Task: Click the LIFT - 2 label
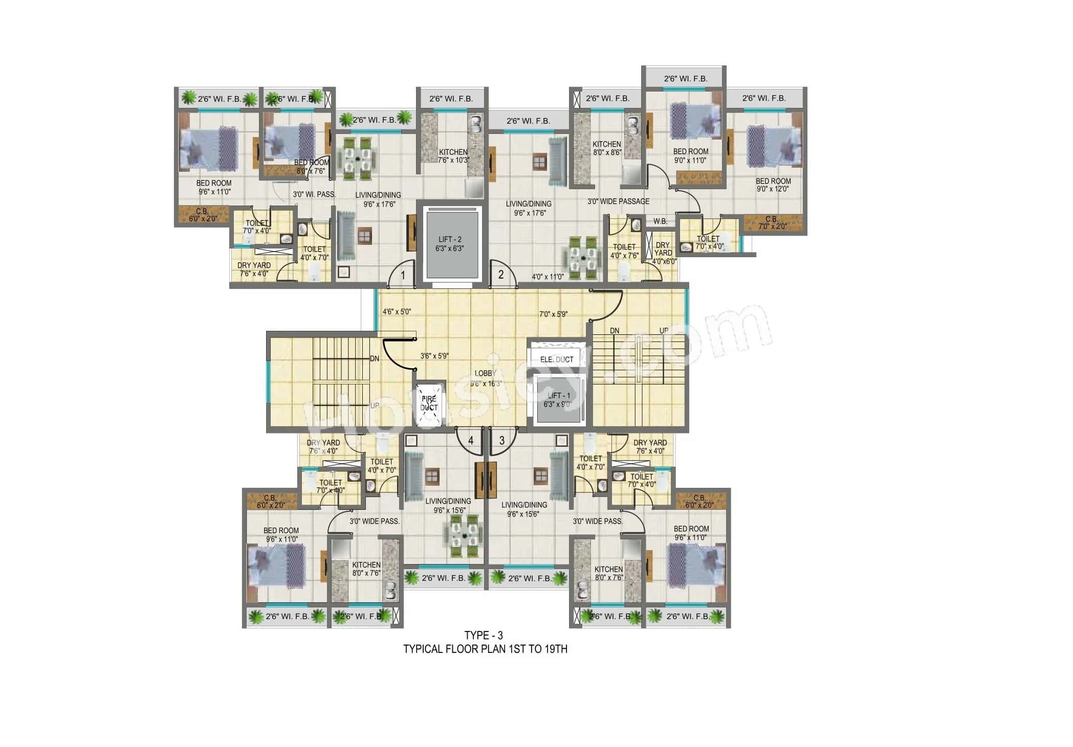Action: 450,244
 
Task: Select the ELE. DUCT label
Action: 557,359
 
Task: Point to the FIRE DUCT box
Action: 429,403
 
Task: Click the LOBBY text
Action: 485,374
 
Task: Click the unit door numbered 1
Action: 403,276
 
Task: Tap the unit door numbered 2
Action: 501,275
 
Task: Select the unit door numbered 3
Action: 501,440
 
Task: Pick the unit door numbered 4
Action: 470,440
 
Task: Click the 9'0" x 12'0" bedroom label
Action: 773,185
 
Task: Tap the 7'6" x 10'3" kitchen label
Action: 453,156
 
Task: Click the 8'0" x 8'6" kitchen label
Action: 607,148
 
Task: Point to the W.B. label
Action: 660,221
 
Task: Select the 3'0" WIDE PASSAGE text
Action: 618,201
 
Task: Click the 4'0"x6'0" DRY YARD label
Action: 664,253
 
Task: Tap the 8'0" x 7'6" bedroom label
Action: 311,167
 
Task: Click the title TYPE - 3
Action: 484,636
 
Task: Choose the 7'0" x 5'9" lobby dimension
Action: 553,314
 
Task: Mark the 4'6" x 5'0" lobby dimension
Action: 397,311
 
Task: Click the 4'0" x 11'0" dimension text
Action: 548,277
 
